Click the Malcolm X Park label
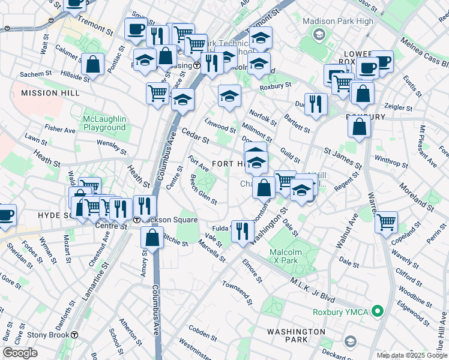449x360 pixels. (x=284, y=256)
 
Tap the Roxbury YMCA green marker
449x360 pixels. (x=377, y=311)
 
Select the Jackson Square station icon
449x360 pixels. (x=137, y=220)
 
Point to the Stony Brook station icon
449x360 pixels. (x=74, y=335)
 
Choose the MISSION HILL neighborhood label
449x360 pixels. (x=50, y=93)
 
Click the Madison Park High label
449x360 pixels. (x=338, y=21)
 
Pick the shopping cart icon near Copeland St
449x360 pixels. (x=387, y=222)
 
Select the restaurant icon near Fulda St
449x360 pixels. (x=243, y=230)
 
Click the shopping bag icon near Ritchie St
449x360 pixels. (x=152, y=236)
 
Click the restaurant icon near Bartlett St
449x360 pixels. (x=315, y=103)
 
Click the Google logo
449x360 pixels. (x=20, y=353)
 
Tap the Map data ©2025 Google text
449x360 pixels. (x=411, y=355)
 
